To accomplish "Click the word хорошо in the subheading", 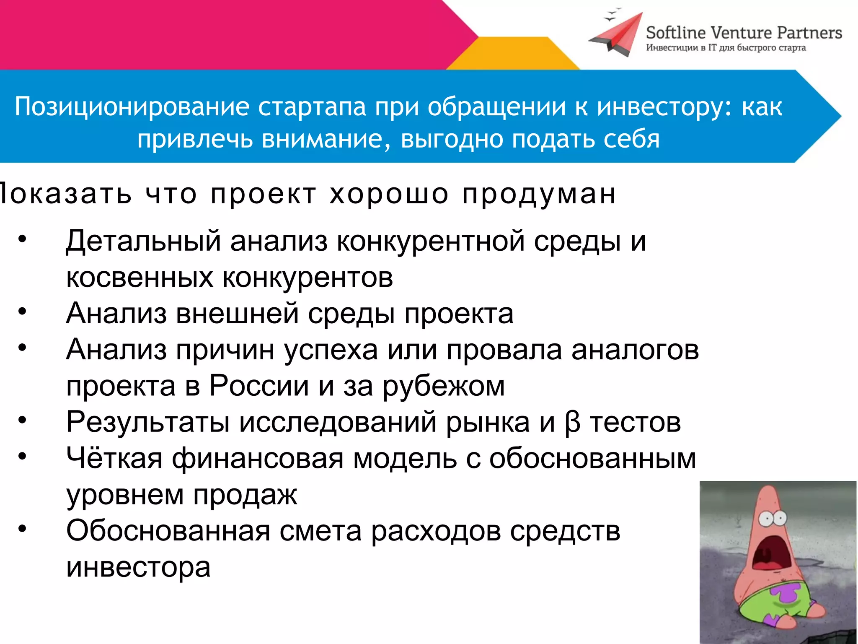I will [389, 194].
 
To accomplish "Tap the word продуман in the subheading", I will [539, 195].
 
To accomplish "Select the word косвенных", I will [140, 278].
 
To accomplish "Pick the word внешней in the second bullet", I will [237, 314].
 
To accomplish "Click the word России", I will [259, 386].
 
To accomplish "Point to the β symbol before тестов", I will [572, 423].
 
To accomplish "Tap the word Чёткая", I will [114, 458].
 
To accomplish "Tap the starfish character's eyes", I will [773, 519].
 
